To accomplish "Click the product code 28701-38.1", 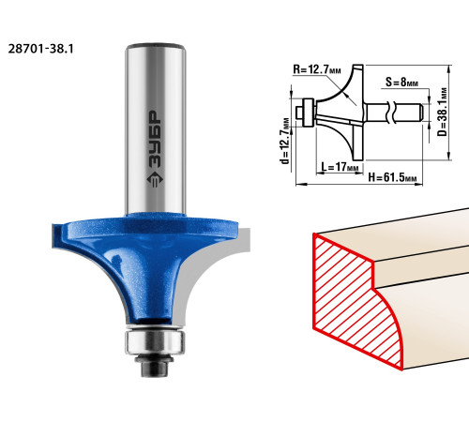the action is click(40, 49).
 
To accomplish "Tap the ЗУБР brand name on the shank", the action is click(155, 139).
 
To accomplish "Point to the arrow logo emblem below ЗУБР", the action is click(155, 179).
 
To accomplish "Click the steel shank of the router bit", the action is click(156, 129).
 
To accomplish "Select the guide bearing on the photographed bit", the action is click(155, 342).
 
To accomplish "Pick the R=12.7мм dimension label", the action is click(317, 69).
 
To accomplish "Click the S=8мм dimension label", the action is click(401, 82).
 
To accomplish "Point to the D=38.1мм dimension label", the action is click(443, 112).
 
